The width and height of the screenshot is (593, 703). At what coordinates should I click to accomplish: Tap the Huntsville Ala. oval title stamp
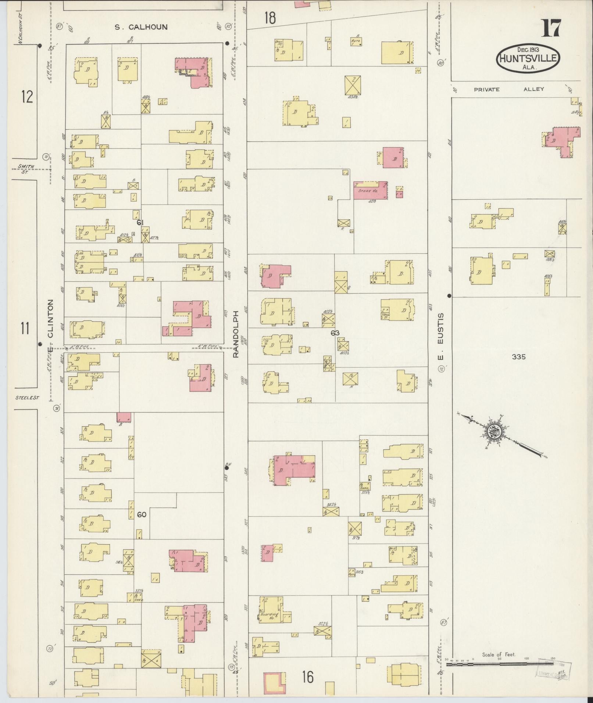(x=529, y=58)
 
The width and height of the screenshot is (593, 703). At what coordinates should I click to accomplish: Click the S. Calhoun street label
(x=141, y=27)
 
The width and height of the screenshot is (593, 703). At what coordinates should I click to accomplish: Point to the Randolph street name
(x=236, y=334)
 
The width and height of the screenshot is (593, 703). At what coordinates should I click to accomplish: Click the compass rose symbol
(x=494, y=431)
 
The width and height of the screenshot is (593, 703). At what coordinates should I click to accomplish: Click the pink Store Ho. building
(x=370, y=191)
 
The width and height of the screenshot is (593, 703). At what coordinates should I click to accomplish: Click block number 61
(x=140, y=222)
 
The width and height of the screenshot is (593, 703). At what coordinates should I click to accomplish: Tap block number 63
(x=335, y=333)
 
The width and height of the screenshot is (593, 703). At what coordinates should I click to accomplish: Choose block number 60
(x=142, y=514)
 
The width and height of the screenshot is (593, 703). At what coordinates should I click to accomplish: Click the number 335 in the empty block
(x=518, y=356)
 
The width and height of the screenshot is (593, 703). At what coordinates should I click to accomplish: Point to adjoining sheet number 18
(x=270, y=18)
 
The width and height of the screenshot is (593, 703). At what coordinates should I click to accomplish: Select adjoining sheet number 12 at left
(x=27, y=97)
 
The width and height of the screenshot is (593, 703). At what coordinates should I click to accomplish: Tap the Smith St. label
(x=26, y=168)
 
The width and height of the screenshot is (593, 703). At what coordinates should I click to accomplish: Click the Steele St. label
(x=27, y=398)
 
